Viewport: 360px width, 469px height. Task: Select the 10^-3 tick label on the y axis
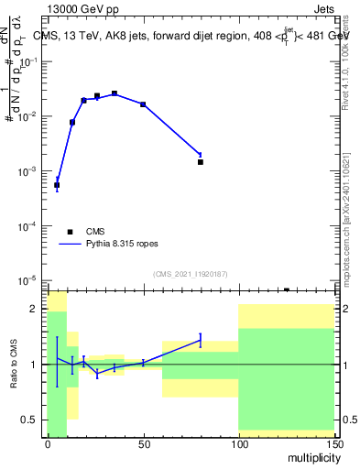coord(29,171)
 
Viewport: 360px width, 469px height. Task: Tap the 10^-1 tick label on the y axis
coord(29,61)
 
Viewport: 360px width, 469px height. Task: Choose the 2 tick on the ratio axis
coord(38,310)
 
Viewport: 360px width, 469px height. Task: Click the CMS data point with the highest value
coord(115,93)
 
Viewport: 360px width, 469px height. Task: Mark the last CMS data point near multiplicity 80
coord(200,162)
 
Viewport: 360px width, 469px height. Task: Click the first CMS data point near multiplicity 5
coord(57,185)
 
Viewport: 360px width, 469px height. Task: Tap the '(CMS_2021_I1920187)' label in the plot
coord(190,273)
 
